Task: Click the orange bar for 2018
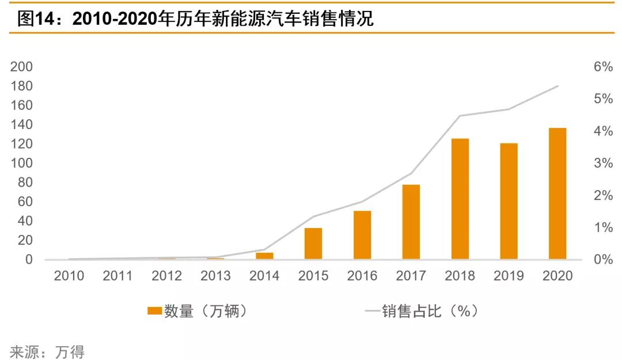click(x=460, y=199)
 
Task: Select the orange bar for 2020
click(x=557, y=194)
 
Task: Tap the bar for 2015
click(x=313, y=244)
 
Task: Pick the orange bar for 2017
click(x=411, y=222)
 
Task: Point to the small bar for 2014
click(x=264, y=256)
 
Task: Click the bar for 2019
click(x=509, y=201)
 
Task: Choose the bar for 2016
click(x=362, y=235)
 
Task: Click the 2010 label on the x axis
click(x=69, y=276)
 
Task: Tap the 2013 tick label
click(x=215, y=276)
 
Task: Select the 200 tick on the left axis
click(x=21, y=67)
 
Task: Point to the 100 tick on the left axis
click(x=21, y=163)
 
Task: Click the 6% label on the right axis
click(x=603, y=67)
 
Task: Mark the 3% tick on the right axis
click(x=603, y=163)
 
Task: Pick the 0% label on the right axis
click(x=603, y=260)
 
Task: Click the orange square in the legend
click(x=154, y=311)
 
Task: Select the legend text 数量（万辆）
click(x=206, y=311)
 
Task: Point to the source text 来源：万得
click(x=47, y=351)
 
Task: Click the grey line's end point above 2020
click(x=557, y=86)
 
